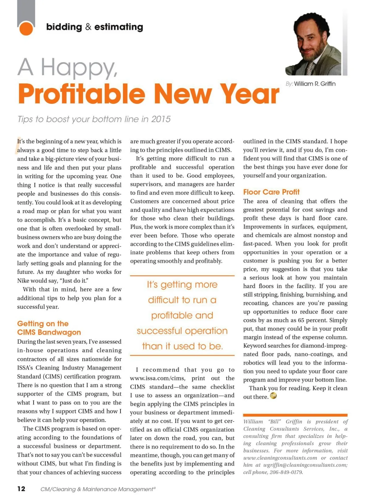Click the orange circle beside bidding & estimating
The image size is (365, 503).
tap(26, 29)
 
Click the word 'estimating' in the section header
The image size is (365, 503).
tap(119, 27)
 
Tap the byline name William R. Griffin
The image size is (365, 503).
tap(315, 84)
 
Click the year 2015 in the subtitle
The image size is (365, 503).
tap(161, 119)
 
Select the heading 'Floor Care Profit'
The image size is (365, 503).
tap(271, 192)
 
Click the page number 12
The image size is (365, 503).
tap(21, 489)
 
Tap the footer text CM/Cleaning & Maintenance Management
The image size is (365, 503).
tap(98, 489)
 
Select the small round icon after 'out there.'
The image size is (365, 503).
tap(273, 396)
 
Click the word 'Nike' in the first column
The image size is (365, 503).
tap(23, 280)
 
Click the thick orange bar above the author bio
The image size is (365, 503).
tap(295, 415)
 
